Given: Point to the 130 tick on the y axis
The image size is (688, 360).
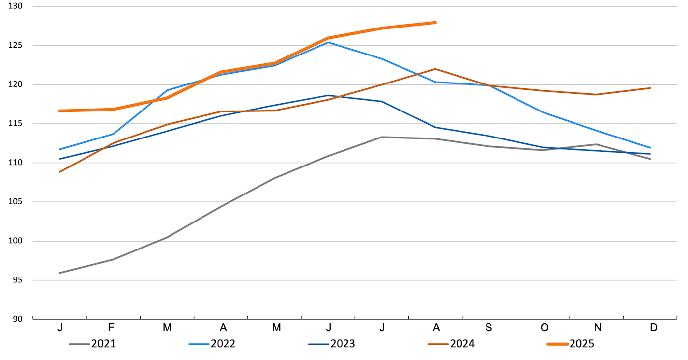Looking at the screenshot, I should (22, 6).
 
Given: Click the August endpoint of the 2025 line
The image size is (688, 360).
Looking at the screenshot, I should (435, 23).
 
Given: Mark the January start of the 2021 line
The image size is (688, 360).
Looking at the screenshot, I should (59, 273).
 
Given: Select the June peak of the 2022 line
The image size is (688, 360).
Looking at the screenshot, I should (328, 42).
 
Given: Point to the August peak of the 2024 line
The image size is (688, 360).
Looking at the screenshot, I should (435, 69).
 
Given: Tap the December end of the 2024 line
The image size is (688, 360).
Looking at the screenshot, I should (650, 88).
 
